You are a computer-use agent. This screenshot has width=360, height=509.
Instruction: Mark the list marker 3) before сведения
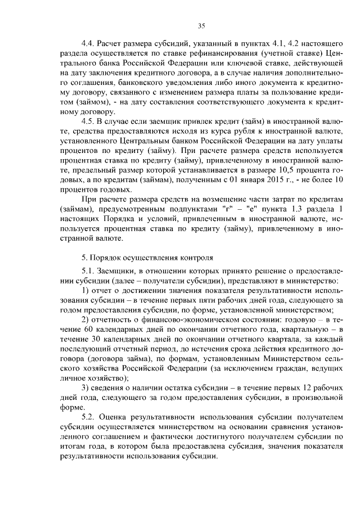[x=86, y=388]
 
